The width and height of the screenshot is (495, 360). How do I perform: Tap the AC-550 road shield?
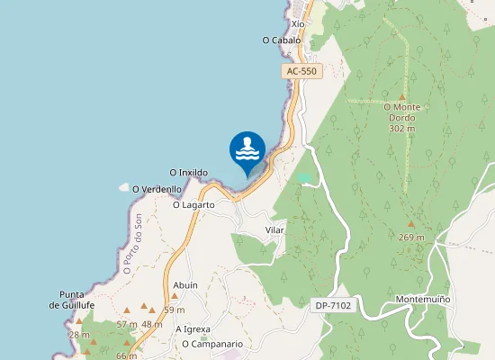tap(301, 71)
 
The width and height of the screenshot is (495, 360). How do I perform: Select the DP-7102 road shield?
tap(334, 306)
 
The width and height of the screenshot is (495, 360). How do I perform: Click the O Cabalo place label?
tap(282, 40)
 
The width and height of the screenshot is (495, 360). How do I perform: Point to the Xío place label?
tap(298, 24)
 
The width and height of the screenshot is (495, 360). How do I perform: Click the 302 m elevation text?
tap(401, 129)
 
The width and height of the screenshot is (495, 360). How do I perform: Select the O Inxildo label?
tap(189, 172)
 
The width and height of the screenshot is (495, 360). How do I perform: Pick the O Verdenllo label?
tap(157, 189)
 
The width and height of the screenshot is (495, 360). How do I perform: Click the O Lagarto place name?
tap(193, 204)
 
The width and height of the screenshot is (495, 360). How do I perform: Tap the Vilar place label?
tap(274, 230)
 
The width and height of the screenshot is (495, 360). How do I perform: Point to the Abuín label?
tap(185, 284)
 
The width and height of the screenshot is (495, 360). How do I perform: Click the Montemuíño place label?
tap(422, 298)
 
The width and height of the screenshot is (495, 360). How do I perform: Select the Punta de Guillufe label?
tap(72, 300)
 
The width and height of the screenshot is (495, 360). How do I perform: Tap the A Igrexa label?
tap(193, 328)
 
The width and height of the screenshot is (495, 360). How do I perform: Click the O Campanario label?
tap(212, 344)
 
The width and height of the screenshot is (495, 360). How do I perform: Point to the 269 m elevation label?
tap(411, 237)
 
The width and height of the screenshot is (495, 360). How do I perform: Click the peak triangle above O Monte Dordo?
tap(402, 96)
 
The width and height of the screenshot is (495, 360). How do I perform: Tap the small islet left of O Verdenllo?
tap(123, 187)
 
